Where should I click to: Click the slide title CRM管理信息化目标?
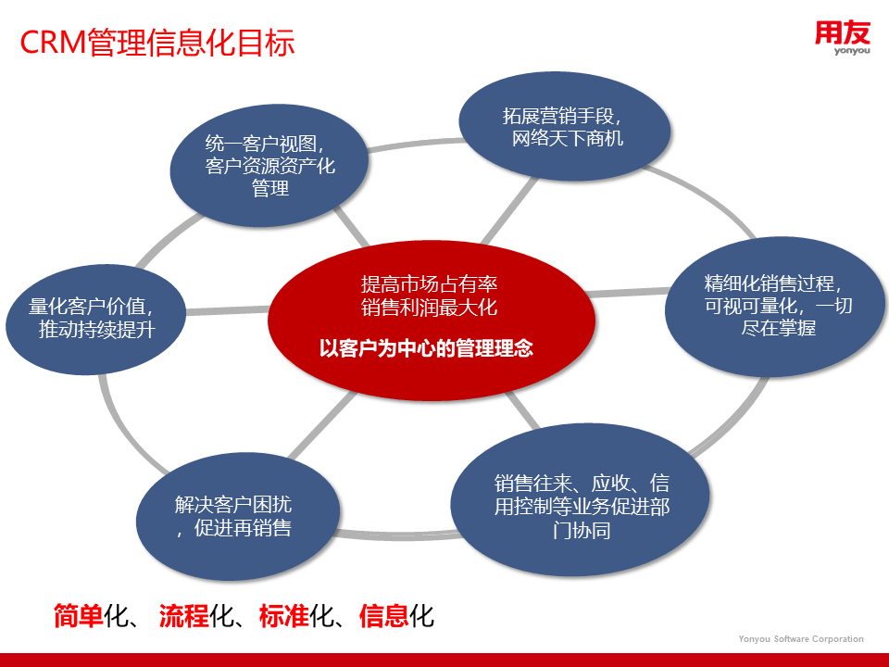tap(157, 43)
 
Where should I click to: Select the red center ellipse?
tap(432, 321)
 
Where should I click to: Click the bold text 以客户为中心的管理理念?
tap(426, 348)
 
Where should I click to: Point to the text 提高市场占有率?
tap(429, 283)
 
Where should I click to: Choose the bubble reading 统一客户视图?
tap(269, 166)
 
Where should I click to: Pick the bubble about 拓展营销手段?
tap(565, 127)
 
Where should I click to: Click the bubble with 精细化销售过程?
tap(775, 307)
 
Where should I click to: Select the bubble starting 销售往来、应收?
tap(581, 499)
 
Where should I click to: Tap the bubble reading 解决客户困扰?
tap(238, 517)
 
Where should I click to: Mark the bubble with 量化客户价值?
tap(95, 319)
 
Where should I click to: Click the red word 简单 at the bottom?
tap(78, 616)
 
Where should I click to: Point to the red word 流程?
tap(183, 616)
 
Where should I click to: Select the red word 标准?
tap(284, 616)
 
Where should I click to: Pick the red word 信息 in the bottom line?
tap(383, 616)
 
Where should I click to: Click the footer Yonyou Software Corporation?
tap(800, 638)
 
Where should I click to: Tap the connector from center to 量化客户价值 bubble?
tap(228, 310)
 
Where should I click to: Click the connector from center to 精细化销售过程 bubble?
tap(627, 292)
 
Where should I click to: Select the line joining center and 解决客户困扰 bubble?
tap(323, 425)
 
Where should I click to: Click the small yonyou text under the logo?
tap(852, 51)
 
